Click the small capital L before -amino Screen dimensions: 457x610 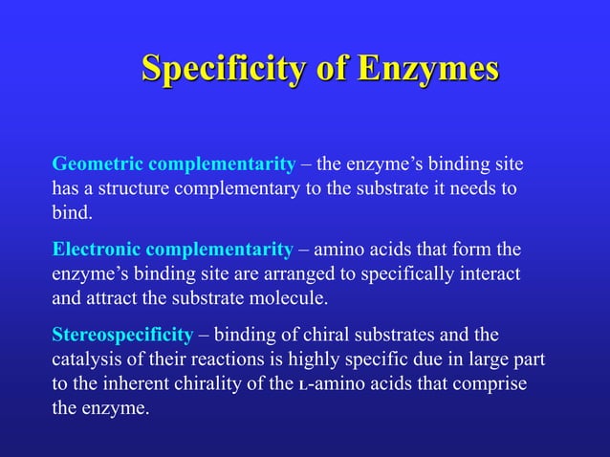303,386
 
